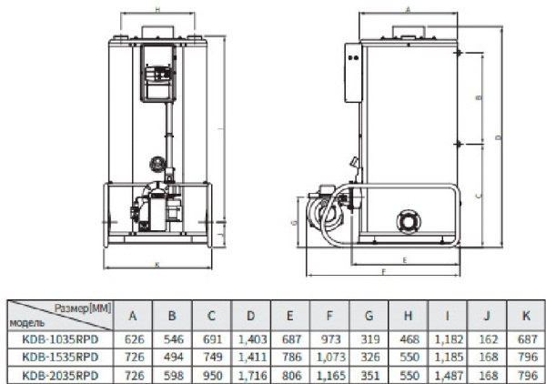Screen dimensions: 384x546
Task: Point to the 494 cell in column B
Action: click(x=173, y=357)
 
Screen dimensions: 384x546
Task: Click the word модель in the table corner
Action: click(x=25, y=322)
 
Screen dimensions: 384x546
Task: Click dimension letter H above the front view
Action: click(x=157, y=9)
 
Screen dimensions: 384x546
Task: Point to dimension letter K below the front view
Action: click(x=158, y=265)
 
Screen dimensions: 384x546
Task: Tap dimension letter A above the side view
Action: click(x=406, y=7)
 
